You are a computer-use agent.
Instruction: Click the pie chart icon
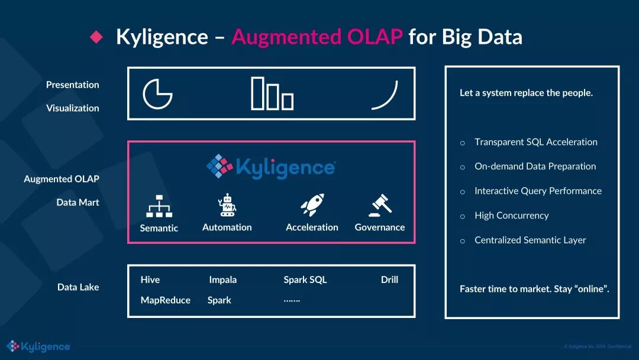[x=157, y=94]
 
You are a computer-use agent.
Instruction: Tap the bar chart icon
[x=272, y=94]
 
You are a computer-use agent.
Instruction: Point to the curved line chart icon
[x=385, y=95]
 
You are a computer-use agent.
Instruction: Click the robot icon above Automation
[x=227, y=205]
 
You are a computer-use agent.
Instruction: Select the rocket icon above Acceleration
[x=312, y=205]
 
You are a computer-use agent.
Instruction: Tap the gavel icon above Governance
[x=380, y=205]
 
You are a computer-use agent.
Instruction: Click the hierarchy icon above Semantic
[x=159, y=206]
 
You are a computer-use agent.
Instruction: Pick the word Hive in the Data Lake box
[x=150, y=279]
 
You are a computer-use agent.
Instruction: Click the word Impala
[x=222, y=279]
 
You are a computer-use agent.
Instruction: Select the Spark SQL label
[x=305, y=279]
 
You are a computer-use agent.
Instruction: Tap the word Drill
[x=389, y=279]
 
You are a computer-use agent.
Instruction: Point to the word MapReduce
[x=166, y=300]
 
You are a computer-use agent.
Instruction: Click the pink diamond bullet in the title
[x=96, y=37]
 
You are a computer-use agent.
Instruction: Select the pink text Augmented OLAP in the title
[x=317, y=37]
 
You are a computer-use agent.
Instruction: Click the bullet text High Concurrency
[x=511, y=216]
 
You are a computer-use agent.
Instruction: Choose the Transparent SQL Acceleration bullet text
[x=535, y=142]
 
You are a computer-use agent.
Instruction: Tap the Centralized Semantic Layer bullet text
[x=530, y=240]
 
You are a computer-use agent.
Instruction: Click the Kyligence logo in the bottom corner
[x=38, y=346]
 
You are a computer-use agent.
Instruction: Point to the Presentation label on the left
[x=73, y=85]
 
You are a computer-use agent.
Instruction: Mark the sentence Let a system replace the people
[x=526, y=93]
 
